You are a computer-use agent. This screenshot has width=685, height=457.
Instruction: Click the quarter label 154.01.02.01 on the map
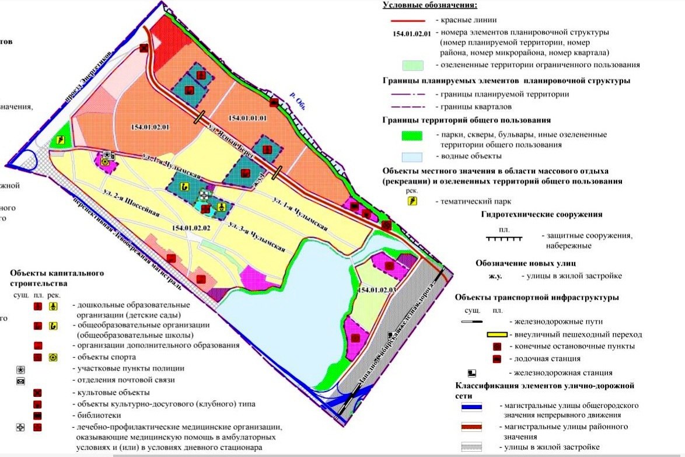[x=150, y=127]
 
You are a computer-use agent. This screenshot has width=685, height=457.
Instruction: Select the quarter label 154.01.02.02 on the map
[x=191, y=228]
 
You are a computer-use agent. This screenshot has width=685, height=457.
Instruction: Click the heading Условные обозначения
[x=429, y=5]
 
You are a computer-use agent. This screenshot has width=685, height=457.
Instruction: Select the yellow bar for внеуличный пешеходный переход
[x=505, y=335]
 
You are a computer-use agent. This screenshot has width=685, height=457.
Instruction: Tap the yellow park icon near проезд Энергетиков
[x=60, y=141]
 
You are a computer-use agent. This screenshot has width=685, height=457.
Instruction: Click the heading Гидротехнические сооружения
[x=541, y=214]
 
